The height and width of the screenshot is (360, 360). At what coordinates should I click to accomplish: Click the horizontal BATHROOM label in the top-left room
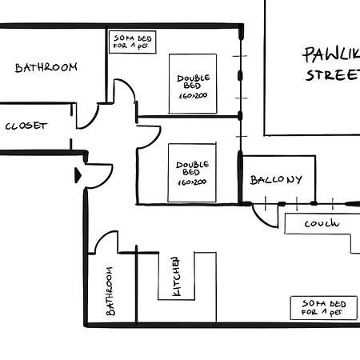click(x=46, y=67)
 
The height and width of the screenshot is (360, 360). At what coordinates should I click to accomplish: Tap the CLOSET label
click(x=26, y=126)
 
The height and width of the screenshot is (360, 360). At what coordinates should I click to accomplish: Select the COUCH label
click(x=321, y=225)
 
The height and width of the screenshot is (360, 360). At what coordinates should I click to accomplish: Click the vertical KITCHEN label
click(x=178, y=276)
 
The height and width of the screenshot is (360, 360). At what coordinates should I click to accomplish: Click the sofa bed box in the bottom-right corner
click(x=323, y=308)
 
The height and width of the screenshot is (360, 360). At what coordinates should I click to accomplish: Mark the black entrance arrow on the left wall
click(x=78, y=174)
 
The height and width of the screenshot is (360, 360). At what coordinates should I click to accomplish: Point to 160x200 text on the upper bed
click(x=193, y=95)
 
